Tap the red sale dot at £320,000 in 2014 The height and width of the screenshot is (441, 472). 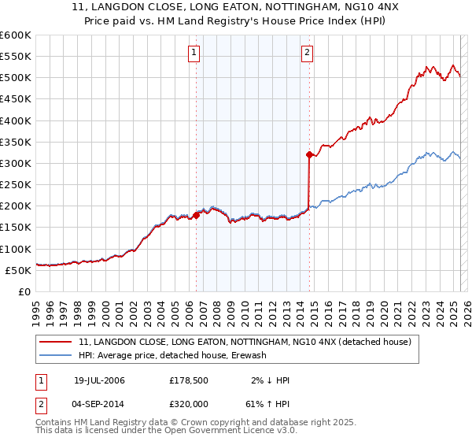[309, 154]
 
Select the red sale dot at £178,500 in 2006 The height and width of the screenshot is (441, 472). [196, 214]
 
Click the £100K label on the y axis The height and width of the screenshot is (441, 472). [16, 249]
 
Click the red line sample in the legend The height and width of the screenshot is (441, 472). [56, 343]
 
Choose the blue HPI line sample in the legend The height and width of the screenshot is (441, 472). [56, 356]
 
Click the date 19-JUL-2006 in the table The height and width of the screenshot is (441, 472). [99, 380]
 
